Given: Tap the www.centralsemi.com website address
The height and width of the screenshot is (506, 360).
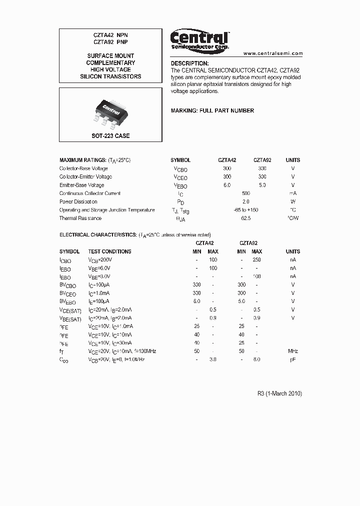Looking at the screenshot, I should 273,53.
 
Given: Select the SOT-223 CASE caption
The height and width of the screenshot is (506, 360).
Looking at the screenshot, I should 110,136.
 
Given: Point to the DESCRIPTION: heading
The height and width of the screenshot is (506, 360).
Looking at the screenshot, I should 189,63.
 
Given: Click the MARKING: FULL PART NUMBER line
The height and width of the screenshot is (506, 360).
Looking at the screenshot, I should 212,110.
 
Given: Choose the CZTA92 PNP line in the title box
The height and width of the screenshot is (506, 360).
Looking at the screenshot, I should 110,43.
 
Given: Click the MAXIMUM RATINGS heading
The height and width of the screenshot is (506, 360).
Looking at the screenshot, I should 94,160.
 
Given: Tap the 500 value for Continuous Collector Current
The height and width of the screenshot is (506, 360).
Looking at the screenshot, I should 245,193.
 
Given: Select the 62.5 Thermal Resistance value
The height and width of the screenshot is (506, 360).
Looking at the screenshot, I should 245,218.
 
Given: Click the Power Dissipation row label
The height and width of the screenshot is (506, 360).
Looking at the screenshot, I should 78,202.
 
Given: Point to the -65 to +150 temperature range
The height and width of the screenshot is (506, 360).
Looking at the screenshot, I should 245,210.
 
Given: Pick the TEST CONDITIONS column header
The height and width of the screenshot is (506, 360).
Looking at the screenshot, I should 109,251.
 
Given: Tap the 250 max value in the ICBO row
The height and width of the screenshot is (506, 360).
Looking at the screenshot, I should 256,260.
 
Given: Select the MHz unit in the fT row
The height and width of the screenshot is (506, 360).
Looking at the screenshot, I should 293,351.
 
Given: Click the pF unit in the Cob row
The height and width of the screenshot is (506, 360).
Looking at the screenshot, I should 293,360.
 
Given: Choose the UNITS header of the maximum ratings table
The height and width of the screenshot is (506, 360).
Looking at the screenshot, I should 293,160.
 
